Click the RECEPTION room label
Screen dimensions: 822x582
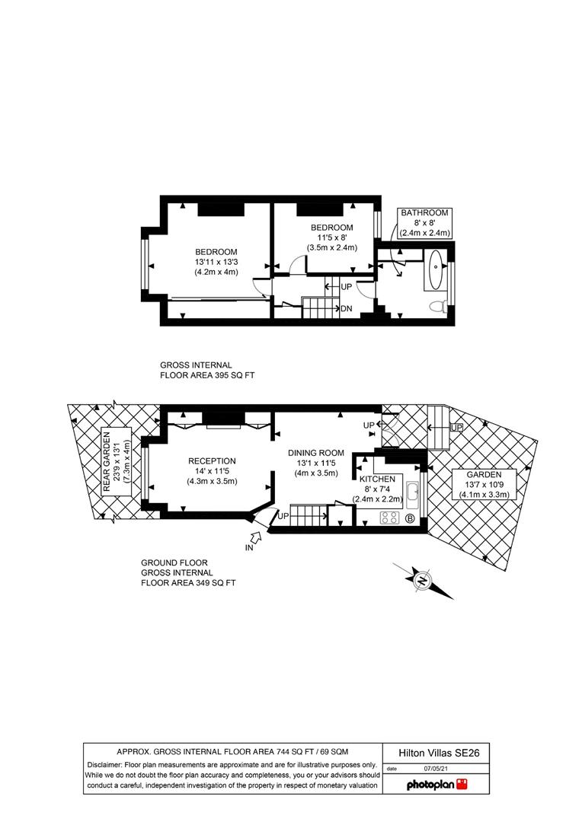(x=212, y=460)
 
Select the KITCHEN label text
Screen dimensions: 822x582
(x=377, y=479)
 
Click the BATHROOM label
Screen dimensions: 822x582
(x=425, y=213)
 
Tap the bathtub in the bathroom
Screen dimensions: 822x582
(x=433, y=270)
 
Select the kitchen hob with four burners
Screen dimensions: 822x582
(x=390, y=518)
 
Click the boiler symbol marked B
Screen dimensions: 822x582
(x=410, y=519)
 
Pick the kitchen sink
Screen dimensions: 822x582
(x=412, y=494)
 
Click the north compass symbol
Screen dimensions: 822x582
(x=422, y=581)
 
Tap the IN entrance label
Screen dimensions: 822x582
(x=248, y=547)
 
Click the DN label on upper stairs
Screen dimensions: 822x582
(x=346, y=308)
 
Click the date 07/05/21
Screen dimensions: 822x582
(x=433, y=769)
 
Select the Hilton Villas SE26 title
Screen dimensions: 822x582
(x=437, y=753)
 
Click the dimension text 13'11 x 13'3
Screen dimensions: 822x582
(x=216, y=263)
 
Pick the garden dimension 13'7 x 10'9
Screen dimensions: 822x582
(x=485, y=484)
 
